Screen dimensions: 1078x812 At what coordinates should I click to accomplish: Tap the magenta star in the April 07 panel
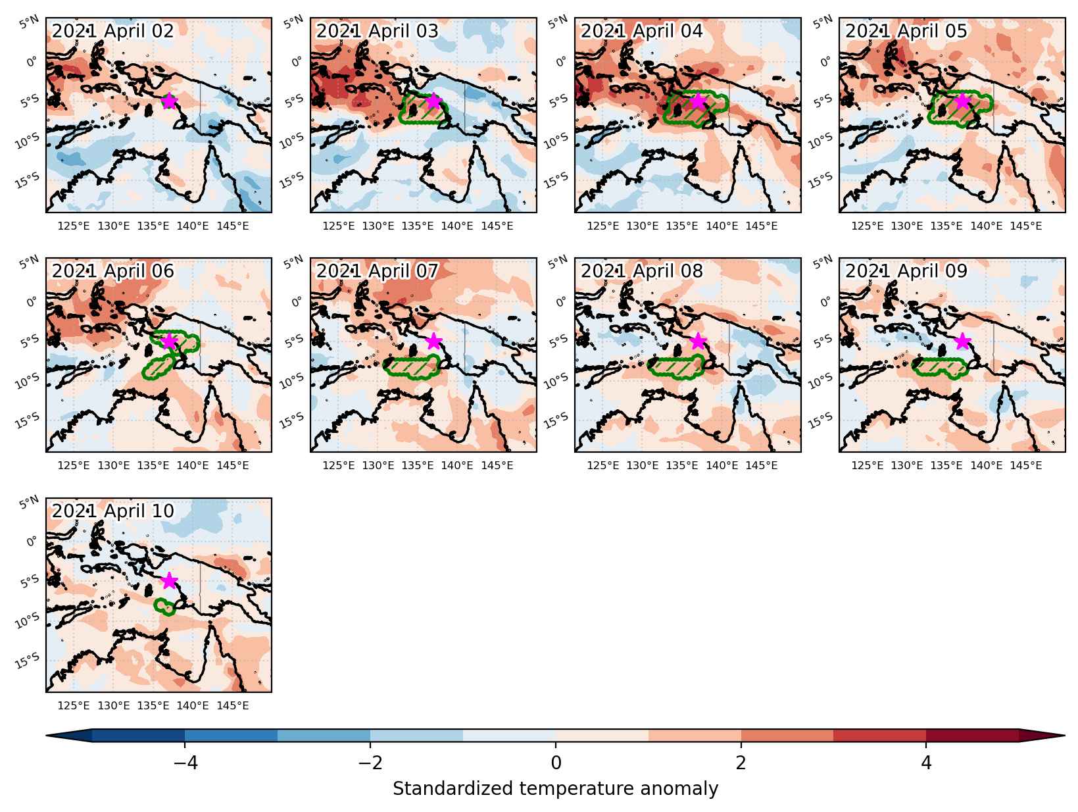click(x=433, y=341)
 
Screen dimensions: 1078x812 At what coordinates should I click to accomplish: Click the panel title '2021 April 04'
click(x=641, y=31)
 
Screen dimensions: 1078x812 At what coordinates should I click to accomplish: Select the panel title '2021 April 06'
click(x=113, y=270)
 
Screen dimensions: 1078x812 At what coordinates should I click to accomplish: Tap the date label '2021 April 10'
click(x=113, y=511)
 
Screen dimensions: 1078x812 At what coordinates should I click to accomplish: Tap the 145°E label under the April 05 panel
click(x=1025, y=226)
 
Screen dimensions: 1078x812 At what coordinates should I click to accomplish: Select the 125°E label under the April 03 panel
click(x=338, y=226)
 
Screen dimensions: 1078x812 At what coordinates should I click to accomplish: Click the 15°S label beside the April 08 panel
click(x=556, y=420)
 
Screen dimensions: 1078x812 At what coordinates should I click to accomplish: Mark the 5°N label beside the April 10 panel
click(x=28, y=503)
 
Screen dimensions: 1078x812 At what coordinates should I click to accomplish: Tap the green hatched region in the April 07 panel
click(x=410, y=366)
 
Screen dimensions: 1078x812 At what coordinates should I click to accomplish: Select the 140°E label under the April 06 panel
click(x=193, y=465)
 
